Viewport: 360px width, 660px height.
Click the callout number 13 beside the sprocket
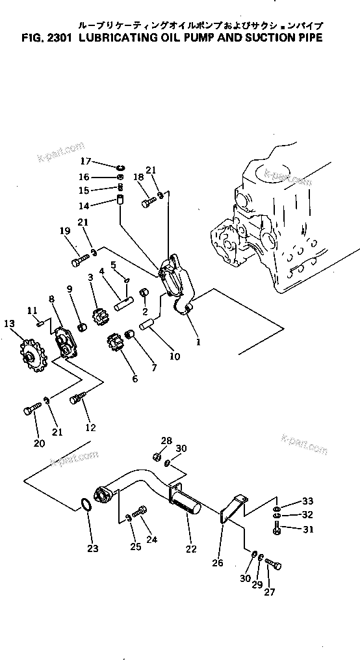pos(8,323)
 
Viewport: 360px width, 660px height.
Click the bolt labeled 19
pos(79,261)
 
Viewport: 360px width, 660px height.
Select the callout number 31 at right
pos(307,529)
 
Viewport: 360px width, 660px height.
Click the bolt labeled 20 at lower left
pos(31,410)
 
